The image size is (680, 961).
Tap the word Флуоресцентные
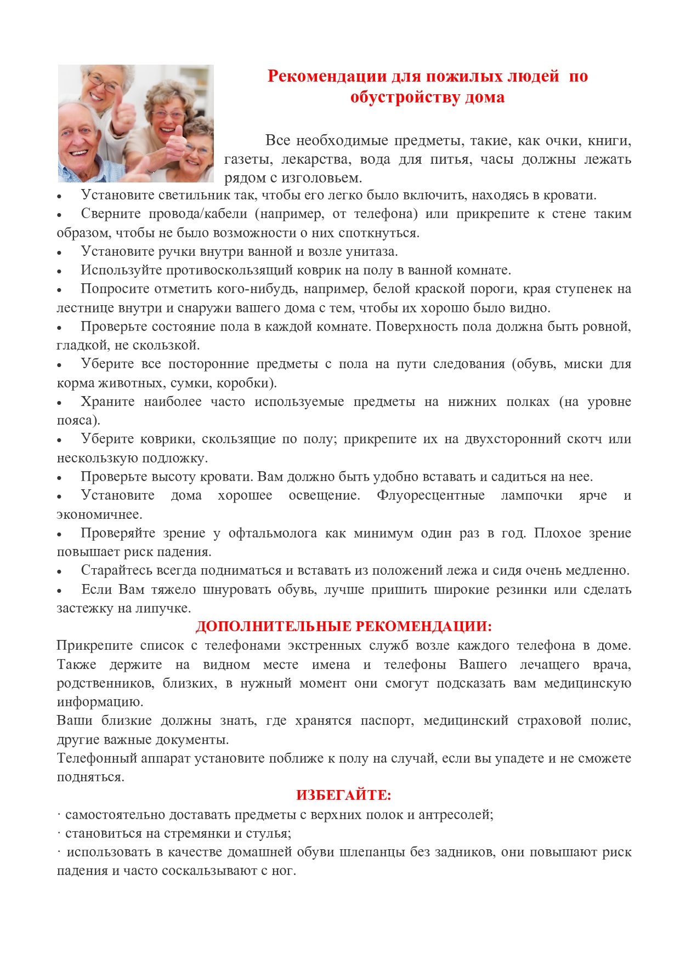[430, 495]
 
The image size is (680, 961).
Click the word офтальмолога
[272, 533]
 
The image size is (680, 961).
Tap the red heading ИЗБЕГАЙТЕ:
[344, 795]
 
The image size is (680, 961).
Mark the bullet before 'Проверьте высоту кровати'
[60, 478]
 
